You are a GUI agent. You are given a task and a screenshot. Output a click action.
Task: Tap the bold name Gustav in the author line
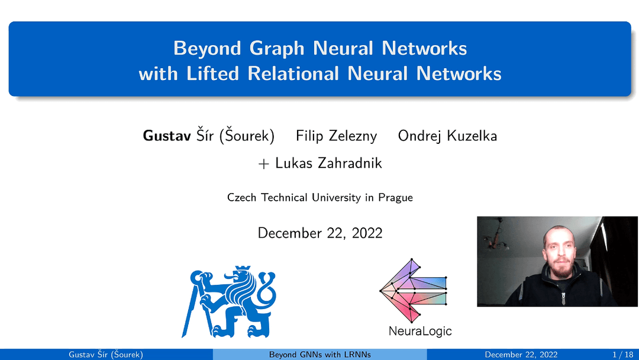167,136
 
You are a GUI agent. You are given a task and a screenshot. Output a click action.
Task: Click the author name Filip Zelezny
336,136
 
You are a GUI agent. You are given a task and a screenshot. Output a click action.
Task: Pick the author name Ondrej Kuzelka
447,136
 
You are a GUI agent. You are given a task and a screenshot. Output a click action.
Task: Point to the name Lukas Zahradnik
328,163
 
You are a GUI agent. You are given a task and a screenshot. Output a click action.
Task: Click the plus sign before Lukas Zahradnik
264,163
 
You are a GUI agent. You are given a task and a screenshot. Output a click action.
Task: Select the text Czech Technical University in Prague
319,198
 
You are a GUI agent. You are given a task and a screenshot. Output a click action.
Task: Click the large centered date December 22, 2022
319,233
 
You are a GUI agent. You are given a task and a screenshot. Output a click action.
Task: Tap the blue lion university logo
233,301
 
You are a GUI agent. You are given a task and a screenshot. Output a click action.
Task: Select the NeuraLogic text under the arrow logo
419,331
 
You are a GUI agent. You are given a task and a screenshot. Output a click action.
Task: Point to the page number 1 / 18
622,355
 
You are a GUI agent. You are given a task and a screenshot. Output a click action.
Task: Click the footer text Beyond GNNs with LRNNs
319,355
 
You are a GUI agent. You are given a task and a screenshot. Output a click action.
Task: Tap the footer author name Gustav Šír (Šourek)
106,355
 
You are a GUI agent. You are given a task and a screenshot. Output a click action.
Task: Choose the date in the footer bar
521,355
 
